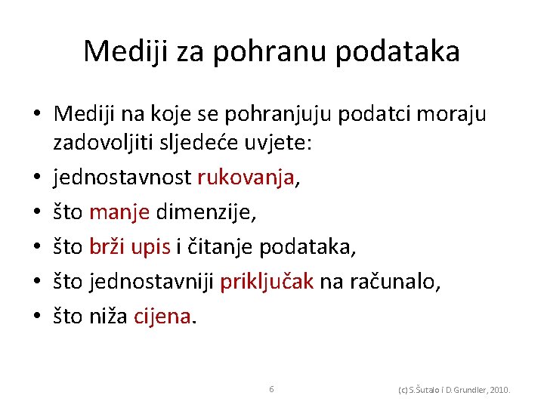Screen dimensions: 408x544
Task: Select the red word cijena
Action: click(x=162, y=317)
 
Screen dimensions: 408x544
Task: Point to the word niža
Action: click(x=109, y=317)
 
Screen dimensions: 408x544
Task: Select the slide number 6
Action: click(x=271, y=388)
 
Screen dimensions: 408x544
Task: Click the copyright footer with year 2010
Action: click(x=454, y=390)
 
